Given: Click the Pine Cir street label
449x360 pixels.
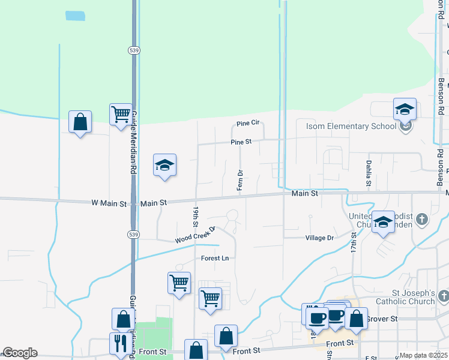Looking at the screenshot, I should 247,123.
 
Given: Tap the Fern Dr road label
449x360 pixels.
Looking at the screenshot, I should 240,181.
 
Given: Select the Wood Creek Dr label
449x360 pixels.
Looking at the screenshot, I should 195,235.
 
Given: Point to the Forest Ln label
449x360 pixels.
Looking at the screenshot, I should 215,258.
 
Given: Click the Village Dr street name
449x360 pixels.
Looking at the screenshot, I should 319,238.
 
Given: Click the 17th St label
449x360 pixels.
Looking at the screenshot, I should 354,243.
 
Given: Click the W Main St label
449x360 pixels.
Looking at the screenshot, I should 109,203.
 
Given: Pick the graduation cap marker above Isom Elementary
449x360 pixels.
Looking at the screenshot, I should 405,109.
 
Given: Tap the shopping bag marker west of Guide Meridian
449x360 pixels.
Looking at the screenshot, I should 80,122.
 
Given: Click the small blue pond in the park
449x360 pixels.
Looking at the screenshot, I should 75,16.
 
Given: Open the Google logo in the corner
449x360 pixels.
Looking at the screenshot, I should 19,353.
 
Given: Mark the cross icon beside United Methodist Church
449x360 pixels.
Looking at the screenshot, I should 422,219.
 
